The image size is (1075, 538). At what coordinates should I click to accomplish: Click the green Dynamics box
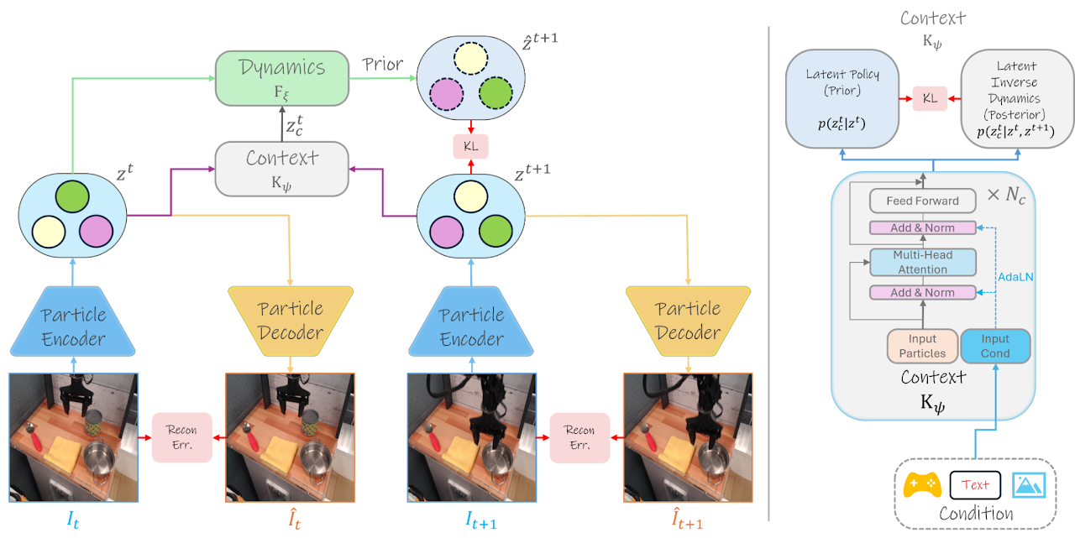281,78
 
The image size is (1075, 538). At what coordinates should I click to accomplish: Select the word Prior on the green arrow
383,65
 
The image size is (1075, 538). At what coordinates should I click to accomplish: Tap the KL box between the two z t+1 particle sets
470,146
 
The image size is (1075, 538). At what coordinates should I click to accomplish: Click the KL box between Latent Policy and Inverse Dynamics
930,98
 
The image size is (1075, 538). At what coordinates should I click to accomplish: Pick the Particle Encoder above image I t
74,326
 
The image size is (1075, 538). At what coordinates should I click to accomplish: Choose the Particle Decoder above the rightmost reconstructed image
688,321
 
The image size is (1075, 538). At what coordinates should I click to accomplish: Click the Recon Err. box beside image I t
181,437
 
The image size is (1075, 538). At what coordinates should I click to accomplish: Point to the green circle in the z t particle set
73,196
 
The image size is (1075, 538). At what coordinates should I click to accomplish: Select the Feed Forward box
922,201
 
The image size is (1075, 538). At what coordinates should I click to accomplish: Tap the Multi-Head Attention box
922,262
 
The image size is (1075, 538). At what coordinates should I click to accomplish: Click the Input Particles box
922,346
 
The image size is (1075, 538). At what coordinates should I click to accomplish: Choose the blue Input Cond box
995,346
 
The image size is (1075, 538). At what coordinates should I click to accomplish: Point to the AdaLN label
1015,276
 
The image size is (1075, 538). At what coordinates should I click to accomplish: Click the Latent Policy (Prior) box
842,98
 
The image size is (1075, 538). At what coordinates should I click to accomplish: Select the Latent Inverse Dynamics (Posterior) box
1016,98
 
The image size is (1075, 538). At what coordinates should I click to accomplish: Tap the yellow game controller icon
922,485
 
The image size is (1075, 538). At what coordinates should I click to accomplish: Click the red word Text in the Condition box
975,484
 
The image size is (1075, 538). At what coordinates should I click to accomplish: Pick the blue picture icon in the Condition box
1028,484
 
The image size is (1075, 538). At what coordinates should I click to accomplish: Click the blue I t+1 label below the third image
481,521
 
